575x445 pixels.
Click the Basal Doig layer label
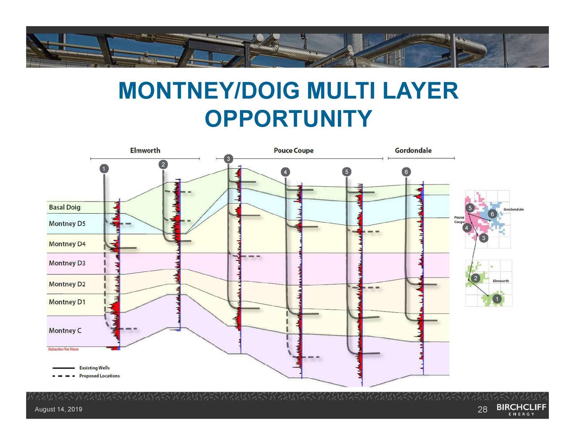(x=64, y=207)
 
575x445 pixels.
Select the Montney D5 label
(x=67, y=224)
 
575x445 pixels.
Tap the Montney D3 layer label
(x=67, y=263)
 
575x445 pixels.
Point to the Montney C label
(x=65, y=331)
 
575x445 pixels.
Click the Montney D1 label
(x=67, y=302)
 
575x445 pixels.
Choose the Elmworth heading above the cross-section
(x=145, y=150)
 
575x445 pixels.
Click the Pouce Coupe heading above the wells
(x=293, y=150)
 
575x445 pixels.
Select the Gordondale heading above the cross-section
(x=413, y=150)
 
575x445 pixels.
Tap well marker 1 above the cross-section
(x=104, y=169)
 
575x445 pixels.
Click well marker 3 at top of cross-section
(x=228, y=159)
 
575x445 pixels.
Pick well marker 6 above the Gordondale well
(x=406, y=172)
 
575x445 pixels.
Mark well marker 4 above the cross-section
(x=285, y=172)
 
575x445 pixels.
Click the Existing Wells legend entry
(x=94, y=368)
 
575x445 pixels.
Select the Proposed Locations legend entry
(x=99, y=376)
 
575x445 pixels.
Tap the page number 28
(x=482, y=409)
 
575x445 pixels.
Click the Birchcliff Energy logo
(x=521, y=409)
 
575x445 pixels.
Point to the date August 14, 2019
(x=58, y=409)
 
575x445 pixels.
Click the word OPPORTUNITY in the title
(x=288, y=119)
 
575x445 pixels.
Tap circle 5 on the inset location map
(x=469, y=208)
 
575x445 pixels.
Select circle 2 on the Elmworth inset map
(x=475, y=278)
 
